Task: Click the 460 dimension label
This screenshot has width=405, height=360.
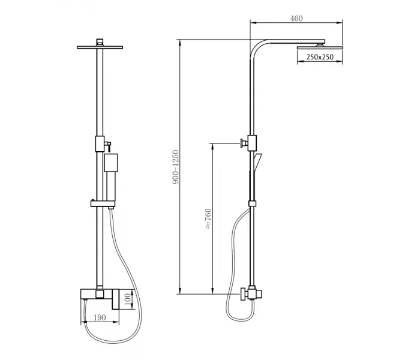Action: click(296, 19)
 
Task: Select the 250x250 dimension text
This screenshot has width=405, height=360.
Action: click(320, 57)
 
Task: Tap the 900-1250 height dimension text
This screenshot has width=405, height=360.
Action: click(176, 167)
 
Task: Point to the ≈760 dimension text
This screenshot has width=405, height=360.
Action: click(208, 218)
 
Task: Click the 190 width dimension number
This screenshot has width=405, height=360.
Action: click(100, 317)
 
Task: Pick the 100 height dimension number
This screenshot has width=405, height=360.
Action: click(128, 299)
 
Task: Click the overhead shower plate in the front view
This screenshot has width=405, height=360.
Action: click(100, 47)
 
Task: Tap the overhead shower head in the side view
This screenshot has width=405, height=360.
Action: click(320, 47)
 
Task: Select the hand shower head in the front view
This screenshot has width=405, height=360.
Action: click(111, 163)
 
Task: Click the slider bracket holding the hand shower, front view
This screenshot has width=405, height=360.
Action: click(103, 203)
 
